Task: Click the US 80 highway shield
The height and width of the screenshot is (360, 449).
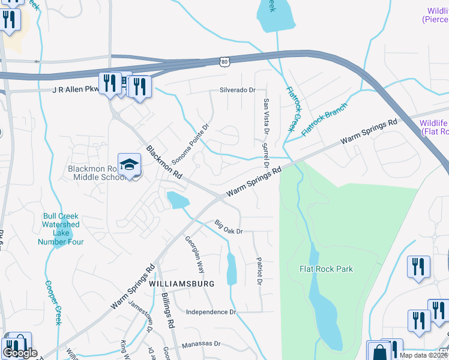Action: pos(224,61)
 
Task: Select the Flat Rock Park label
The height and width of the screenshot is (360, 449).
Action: pos(326,269)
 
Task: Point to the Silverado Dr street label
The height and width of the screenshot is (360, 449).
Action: pos(237,90)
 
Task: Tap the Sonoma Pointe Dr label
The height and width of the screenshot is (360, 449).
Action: pos(190,146)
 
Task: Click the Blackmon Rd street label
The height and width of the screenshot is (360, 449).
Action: pos(164,162)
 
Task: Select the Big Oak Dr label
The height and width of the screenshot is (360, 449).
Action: pos(229,227)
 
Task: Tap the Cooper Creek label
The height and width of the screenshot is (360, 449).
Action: pos(52,303)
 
